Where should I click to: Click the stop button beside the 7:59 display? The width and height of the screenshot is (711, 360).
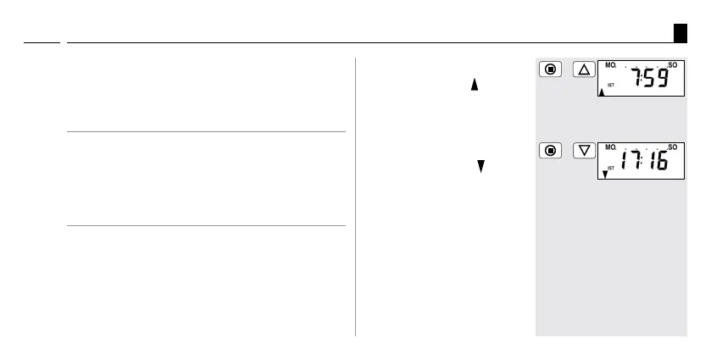click(550, 69)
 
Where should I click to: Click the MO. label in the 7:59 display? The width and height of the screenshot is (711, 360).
click(610, 65)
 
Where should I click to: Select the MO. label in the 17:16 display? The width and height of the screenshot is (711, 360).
click(610, 147)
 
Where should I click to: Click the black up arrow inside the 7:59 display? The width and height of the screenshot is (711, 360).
click(602, 93)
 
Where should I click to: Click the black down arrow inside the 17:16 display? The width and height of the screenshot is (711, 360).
click(604, 175)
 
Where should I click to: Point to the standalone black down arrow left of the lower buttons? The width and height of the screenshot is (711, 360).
click(480, 168)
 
